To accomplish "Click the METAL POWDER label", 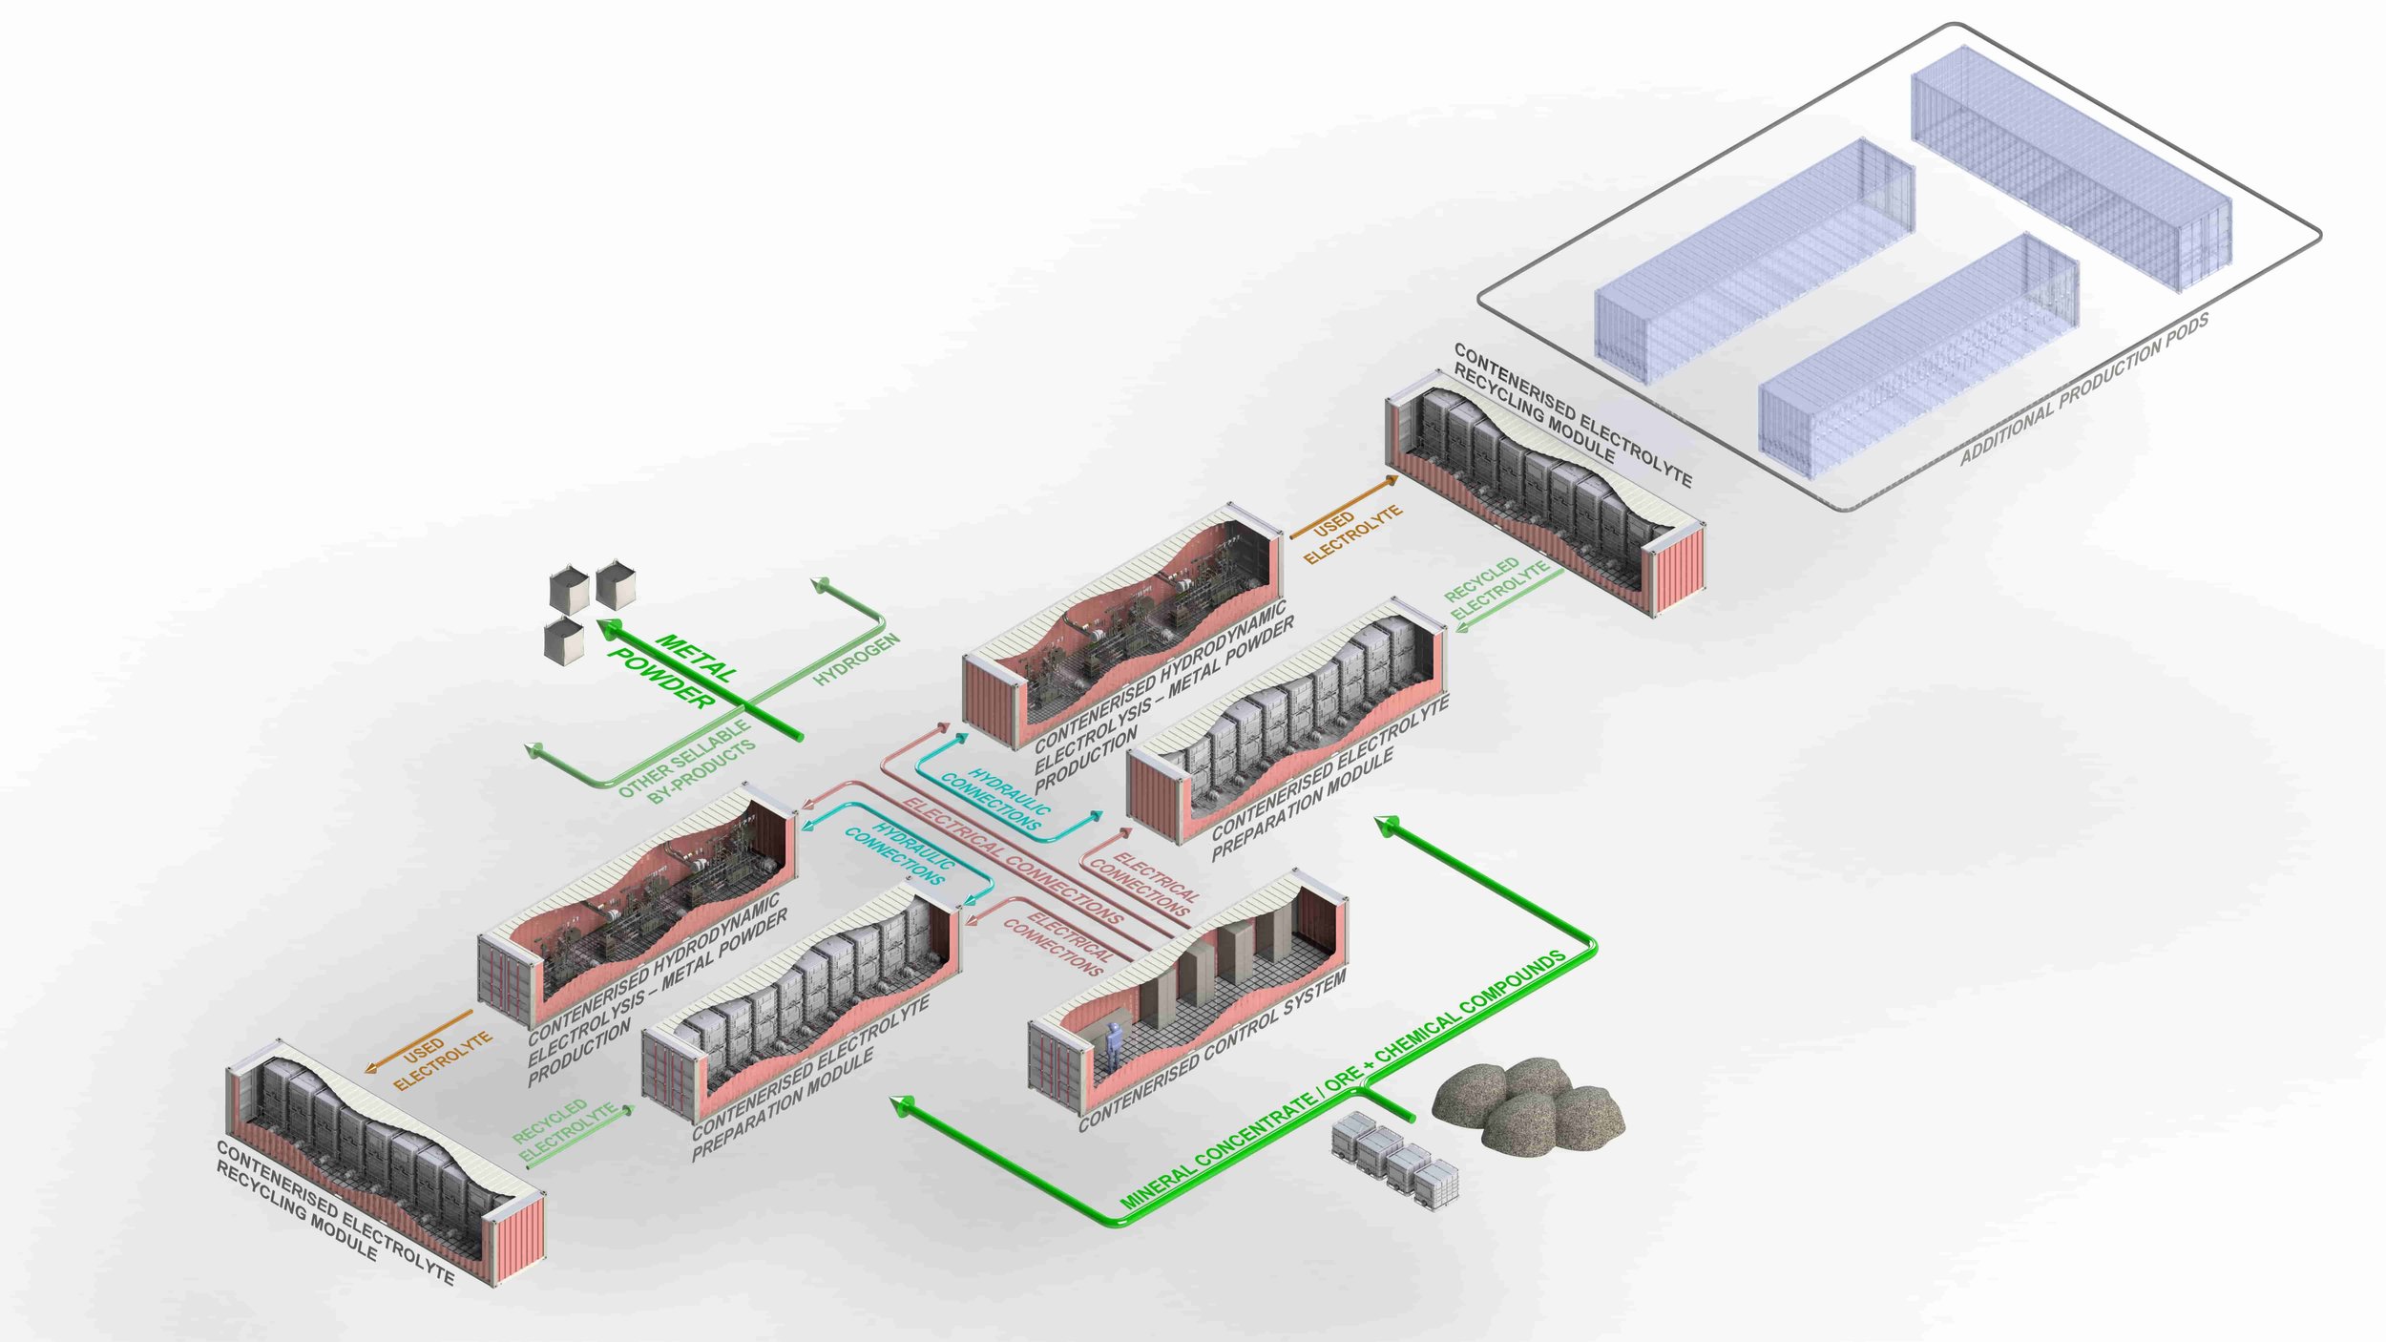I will click(673, 670).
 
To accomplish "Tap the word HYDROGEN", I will click(856, 660).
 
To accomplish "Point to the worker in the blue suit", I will click(1113, 1044).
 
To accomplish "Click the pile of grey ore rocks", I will click(1527, 1102).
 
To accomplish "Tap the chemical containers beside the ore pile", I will click(1394, 1158).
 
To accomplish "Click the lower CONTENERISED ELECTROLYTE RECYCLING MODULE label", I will click(335, 1212).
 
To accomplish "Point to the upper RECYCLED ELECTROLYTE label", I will click(1494, 587).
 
